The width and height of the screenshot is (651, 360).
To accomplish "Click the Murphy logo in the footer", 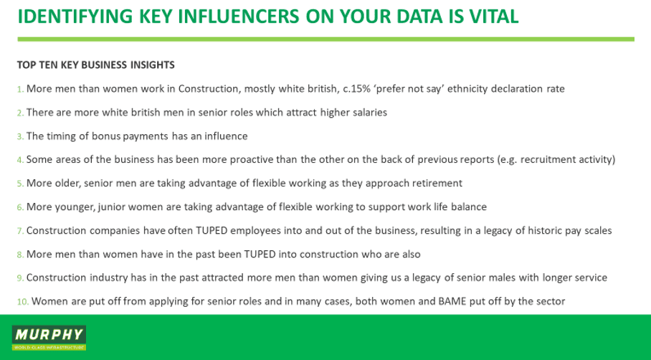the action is click(49, 338).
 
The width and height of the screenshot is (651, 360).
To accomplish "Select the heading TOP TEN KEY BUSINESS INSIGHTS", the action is click(96, 65).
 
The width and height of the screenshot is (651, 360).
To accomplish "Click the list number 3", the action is click(20, 136).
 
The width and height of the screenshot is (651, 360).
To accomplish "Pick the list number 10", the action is click(23, 302).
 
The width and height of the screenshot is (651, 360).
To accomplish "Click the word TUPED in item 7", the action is click(212, 230).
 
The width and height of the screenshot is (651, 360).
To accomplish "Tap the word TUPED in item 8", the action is click(260, 254).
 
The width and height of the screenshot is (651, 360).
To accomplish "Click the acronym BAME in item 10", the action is click(452, 301).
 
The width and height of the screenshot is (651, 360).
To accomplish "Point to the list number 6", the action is click(20, 207).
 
